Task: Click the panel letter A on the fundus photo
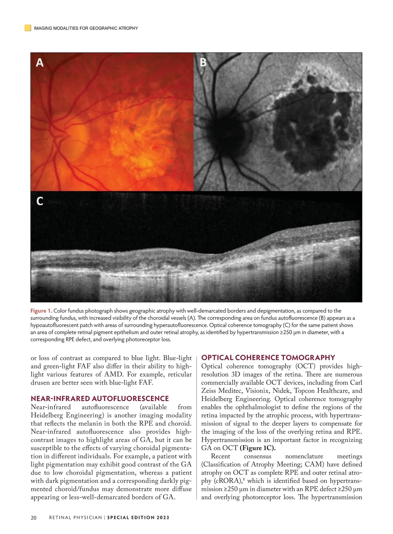pos(40,62)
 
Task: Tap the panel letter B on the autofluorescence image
pos(203,62)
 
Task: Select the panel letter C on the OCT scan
pos(40,201)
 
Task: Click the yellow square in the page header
pos(28,28)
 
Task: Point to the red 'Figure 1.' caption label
pos(41,311)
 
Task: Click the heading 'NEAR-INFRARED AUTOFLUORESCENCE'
pos(100,398)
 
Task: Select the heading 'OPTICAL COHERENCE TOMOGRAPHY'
pos(268,358)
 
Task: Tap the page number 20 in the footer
pos(33,518)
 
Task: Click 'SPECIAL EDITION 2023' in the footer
pos(138,518)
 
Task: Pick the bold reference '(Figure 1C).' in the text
pos(257,448)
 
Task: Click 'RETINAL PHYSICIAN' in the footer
pos(75,518)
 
